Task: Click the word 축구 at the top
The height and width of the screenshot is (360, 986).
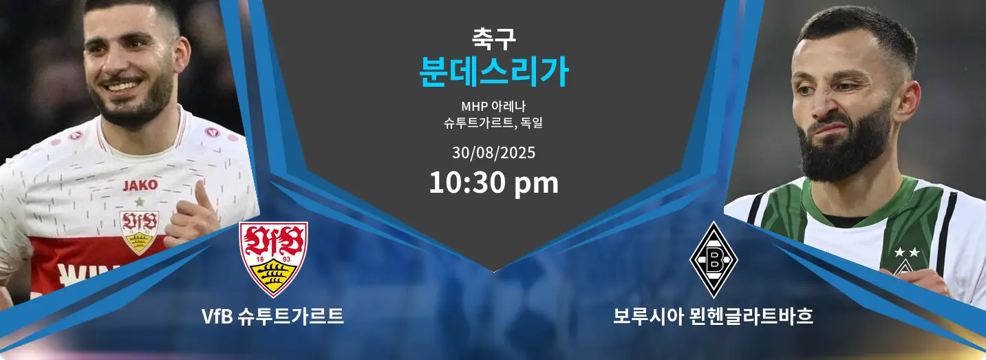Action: (x=493, y=39)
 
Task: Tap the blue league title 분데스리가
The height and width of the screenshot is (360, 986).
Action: (x=493, y=72)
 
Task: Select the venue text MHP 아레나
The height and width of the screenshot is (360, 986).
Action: (x=493, y=106)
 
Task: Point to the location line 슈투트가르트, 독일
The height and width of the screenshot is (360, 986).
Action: (x=493, y=123)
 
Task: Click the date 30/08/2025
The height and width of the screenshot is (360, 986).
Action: (x=493, y=153)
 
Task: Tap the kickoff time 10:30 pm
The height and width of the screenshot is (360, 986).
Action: (x=493, y=182)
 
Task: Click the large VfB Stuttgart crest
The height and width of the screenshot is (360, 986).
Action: (x=273, y=259)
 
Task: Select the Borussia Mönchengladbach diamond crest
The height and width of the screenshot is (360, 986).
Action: (x=714, y=260)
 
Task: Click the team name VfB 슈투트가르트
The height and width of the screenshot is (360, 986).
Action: (x=272, y=316)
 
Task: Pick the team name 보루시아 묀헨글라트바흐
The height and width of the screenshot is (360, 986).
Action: (x=713, y=316)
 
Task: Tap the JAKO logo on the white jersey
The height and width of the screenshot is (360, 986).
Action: (x=140, y=185)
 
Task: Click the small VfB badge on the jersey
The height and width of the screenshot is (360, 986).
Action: (x=139, y=232)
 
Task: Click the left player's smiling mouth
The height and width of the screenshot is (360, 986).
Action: (x=125, y=85)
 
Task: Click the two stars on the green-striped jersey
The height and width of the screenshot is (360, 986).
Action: (x=907, y=252)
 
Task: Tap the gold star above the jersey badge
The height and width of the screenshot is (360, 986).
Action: (x=140, y=202)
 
